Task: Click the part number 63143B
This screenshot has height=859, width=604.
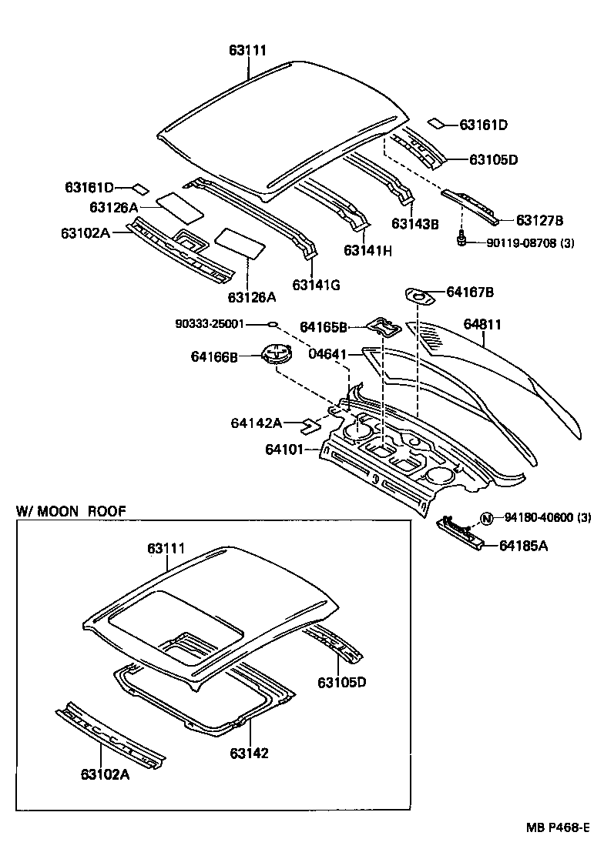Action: (x=414, y=224)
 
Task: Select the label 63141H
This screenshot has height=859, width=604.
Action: (x=367, y=251)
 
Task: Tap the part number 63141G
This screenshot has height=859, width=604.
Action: (x=316, y=285)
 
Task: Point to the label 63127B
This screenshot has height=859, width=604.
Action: (x=539, y=221)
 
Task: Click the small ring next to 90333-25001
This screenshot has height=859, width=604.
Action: (x=273, y=324)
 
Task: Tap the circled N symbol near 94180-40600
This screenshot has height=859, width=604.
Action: (x=487, y=518)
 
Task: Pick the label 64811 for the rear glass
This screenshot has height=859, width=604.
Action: (x=482, y=325)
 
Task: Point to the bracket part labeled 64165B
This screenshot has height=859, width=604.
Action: (x=384, y=326)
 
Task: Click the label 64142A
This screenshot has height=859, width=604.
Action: (x=257, y=423)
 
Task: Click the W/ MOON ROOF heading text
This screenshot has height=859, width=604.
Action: (x=71, y=510)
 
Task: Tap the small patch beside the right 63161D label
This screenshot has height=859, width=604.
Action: (x=437, y=122)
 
